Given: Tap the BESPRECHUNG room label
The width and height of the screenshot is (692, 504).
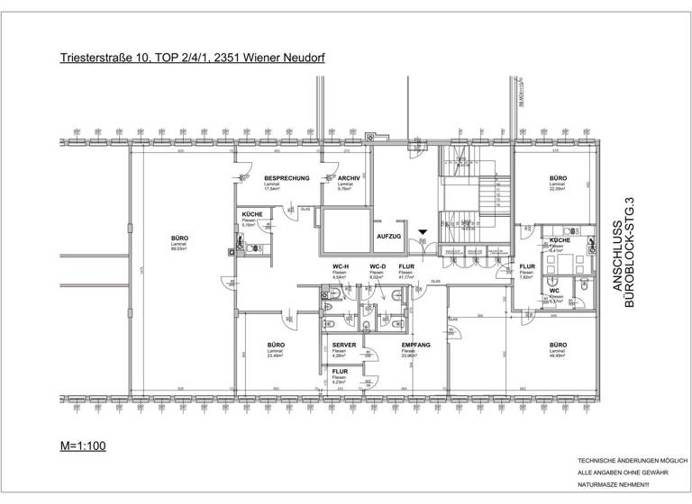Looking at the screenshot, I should [287, 178].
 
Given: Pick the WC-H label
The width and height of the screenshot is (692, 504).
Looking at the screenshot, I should [341, 267].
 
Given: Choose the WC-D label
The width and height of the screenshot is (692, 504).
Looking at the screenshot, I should [378, 267].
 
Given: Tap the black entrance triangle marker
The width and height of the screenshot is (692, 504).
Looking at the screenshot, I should [423, 232].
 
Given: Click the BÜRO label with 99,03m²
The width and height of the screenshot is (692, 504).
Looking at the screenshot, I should [179, 238].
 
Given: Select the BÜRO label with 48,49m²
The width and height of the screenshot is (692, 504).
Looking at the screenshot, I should [558, 345].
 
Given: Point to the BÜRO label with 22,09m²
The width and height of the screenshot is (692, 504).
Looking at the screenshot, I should [558, 178].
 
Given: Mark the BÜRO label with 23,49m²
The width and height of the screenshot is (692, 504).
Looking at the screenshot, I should [275, 345].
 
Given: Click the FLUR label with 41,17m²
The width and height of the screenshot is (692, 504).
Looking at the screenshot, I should [406, 267].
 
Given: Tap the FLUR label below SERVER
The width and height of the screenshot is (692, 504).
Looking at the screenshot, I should [340, 371].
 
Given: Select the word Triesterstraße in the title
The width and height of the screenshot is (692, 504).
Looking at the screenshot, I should [93, 58].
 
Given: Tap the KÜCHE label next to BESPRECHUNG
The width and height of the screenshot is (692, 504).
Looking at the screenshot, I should [252, 213].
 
